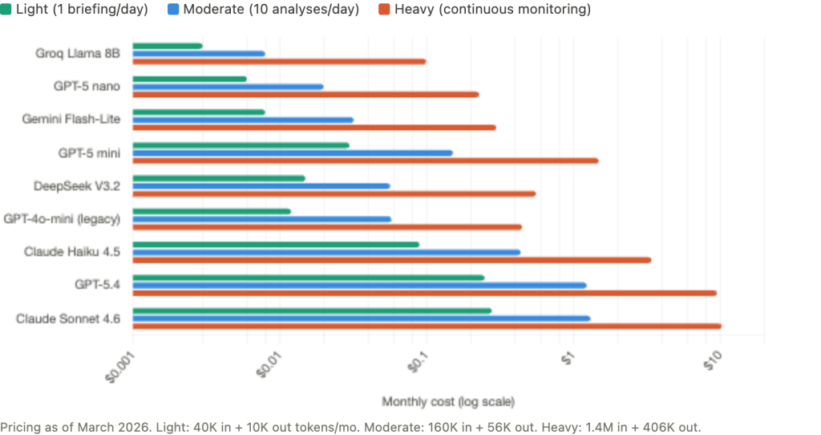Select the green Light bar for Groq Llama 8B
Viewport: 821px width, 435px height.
[x=167, y=46]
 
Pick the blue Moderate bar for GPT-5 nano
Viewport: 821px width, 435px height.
[x=227, y=87]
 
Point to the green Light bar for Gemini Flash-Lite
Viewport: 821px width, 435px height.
[x=198, y=112]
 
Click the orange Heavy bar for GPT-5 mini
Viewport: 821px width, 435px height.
[x=365, y=161]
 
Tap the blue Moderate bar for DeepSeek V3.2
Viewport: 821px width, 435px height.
[x=261, y=186]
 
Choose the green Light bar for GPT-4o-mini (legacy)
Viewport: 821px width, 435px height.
[x=212, y=211]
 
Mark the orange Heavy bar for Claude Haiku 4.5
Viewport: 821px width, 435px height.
[x=391, y=260]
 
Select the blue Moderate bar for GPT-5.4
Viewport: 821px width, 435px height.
[x=359, y=285]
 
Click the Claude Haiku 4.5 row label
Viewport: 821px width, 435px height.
[x=72, y=252]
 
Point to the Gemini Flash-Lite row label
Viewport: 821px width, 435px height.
[x=71, y=120]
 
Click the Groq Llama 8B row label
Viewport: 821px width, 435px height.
[x=78, y=54]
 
